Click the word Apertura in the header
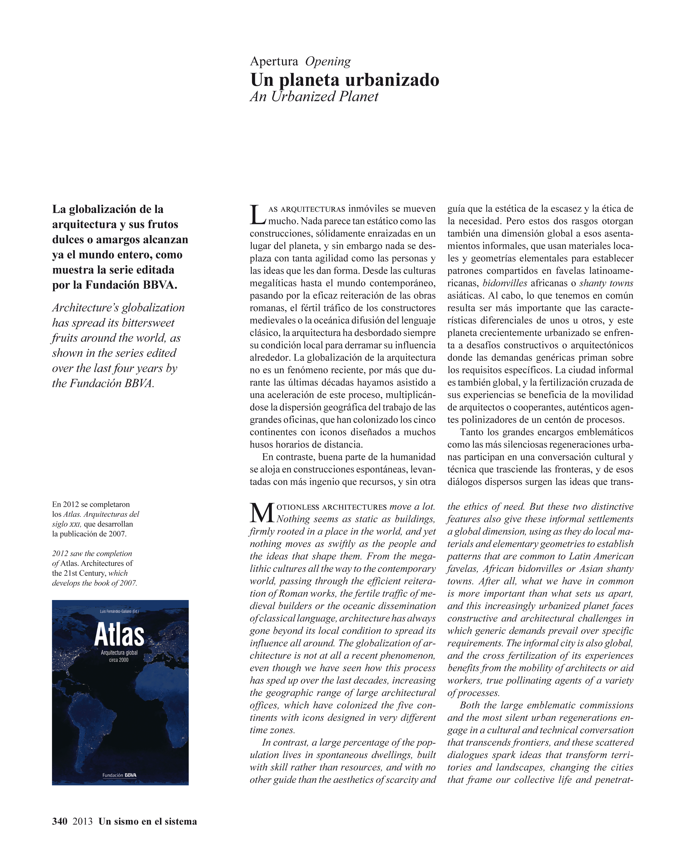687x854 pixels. [274, 61]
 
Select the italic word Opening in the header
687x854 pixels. [328, 61]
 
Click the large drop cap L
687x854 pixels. [257, 215]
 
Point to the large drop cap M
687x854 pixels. [262, 513]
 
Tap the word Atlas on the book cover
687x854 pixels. [119, 635]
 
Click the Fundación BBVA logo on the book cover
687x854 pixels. [119, 775]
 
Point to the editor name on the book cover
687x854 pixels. [119, 612]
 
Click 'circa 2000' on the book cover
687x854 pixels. [119, 660]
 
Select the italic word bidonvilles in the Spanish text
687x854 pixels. [505, 283]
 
